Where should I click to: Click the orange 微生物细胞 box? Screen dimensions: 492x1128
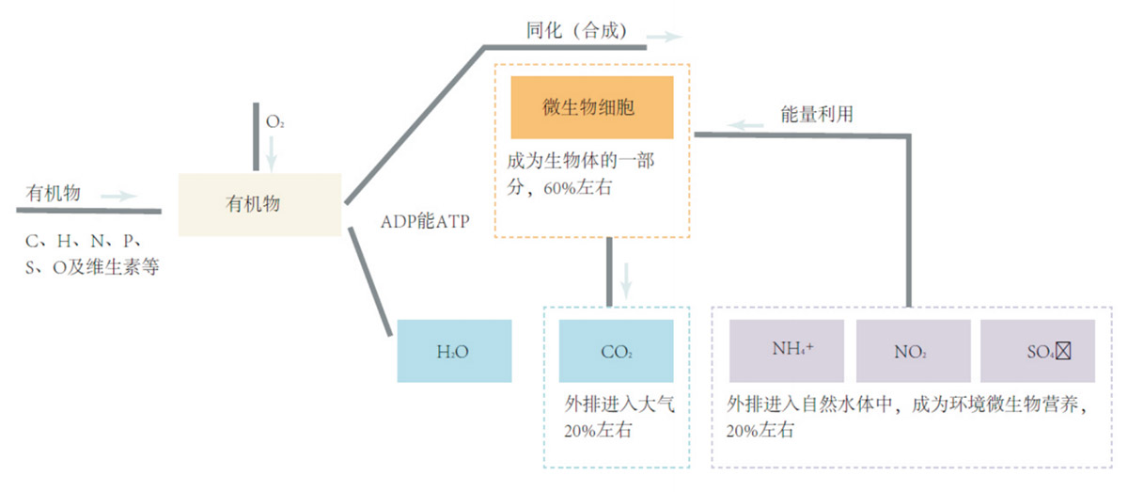591,107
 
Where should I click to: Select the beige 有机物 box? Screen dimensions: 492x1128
259,204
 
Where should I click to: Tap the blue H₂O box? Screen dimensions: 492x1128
454,351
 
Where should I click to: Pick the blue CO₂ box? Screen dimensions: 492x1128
617,351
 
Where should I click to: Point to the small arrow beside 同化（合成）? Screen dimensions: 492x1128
665,37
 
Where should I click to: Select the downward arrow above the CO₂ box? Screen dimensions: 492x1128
627,277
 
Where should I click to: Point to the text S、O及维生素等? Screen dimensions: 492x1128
92,267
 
